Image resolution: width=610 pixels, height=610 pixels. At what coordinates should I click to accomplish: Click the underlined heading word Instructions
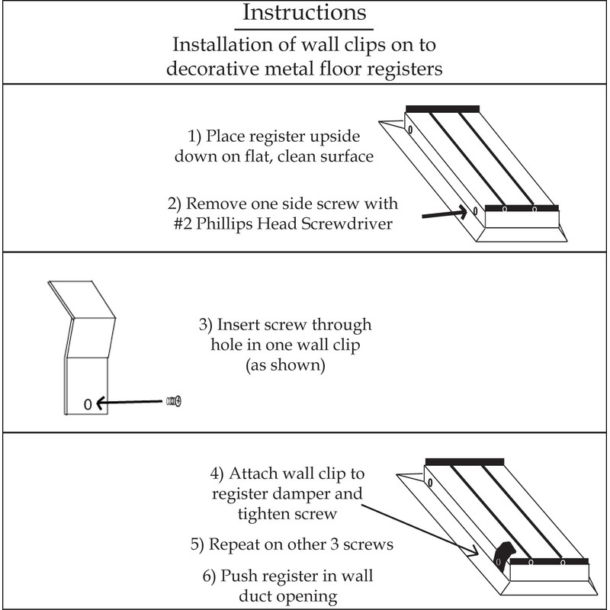click(x=303, y=14)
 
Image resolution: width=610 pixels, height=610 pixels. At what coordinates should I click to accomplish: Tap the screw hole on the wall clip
click(x=87, y=404)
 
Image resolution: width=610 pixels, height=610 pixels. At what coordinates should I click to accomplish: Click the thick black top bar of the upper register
click(x=442, y=109)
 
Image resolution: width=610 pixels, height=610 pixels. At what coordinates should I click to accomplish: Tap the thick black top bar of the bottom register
click(x=464, y=461)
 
